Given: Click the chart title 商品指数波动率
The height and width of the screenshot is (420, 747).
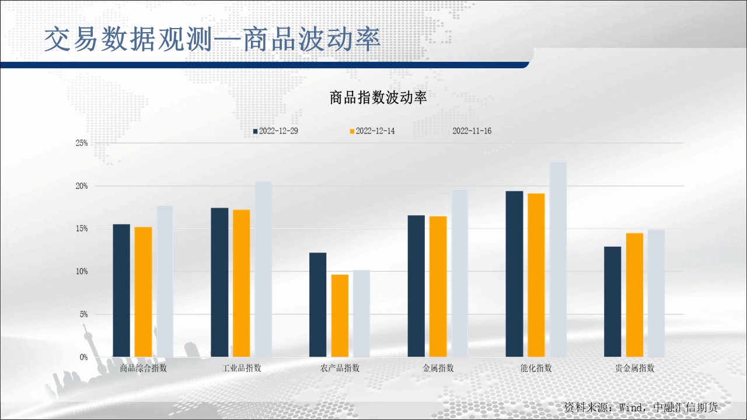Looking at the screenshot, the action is [378, 97].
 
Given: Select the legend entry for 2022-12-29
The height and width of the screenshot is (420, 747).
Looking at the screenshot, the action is [275, 131].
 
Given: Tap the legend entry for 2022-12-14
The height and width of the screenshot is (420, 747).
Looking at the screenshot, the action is [372, 131].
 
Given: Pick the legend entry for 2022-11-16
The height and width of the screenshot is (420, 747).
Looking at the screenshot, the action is [469, 131].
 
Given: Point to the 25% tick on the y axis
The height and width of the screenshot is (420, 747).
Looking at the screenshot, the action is [81, 143].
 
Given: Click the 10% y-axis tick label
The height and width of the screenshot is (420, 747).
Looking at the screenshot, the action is [81, 272].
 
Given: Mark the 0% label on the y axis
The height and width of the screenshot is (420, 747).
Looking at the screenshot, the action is [83, 358].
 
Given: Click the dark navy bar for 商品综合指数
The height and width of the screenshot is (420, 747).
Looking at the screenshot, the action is [121, 290].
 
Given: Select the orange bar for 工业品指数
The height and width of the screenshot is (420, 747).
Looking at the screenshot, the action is [241, 283].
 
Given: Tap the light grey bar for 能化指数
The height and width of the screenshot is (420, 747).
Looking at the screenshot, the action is [558, 260].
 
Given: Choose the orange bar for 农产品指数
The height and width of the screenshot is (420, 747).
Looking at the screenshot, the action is [340, 316].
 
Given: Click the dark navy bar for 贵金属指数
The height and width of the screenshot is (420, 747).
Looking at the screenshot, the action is [613, 302].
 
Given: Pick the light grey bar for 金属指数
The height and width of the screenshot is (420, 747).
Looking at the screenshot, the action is [459, 274].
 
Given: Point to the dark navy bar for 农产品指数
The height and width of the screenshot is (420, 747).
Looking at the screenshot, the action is [318, 305].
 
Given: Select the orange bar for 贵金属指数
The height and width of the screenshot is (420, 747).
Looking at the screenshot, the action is [634, 295].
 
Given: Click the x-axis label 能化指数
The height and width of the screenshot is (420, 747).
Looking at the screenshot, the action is [536, 368].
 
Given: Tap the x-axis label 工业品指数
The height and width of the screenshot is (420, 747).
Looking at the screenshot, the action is [242, 368].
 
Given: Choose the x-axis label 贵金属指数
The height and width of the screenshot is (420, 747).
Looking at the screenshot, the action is [634, 368].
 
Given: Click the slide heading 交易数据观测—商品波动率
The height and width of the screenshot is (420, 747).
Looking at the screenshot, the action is [212, 39].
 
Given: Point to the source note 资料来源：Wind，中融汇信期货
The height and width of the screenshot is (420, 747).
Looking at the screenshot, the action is [641, 407].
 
